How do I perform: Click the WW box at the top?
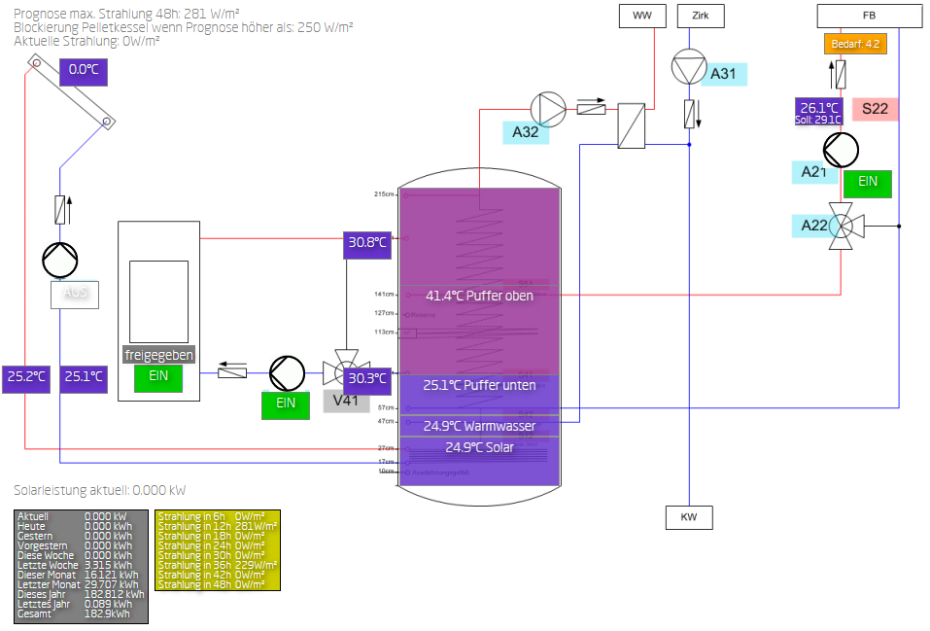642,16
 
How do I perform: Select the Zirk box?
701,16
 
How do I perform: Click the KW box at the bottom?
688,517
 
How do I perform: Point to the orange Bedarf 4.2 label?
855,44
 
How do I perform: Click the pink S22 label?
875,109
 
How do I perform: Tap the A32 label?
526,132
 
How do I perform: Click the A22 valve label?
814,226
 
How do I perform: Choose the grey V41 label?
347,399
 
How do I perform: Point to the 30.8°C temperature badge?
367,243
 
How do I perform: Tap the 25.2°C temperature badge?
26,377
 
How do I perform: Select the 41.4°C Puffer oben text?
479,296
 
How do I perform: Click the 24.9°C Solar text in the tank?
479,447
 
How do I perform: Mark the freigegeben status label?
158,355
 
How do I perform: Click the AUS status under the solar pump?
76,294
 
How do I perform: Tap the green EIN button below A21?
867,182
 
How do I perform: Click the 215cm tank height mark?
384,194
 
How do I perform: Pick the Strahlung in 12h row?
217,526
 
